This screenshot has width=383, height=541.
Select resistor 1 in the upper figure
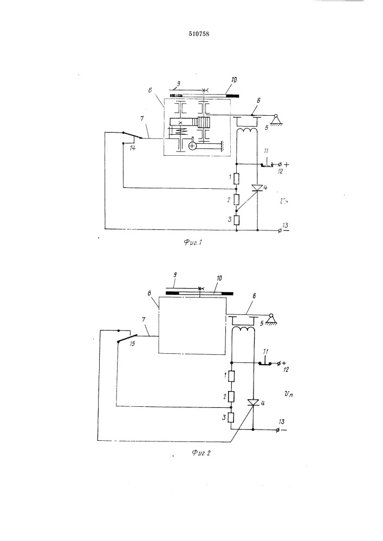(237, 177)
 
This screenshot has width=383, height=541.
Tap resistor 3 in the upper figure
(237, 220)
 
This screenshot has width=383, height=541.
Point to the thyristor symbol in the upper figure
(258, 188)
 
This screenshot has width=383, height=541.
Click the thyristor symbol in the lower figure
(253, 403)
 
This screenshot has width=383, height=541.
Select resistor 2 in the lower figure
(231, 397)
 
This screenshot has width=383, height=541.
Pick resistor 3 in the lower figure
(231, 418)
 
